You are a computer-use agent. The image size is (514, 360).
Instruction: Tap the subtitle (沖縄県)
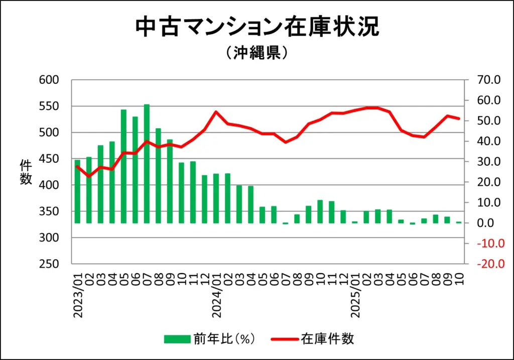click(256, 53)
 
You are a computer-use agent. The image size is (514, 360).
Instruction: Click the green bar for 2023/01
click(77, 191)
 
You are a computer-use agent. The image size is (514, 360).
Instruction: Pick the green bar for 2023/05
click(123, 166)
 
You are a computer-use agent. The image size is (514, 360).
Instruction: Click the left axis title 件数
click(26, 172)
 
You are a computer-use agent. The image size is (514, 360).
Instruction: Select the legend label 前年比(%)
click(224, 339)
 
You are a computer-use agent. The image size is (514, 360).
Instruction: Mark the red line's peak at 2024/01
click(216, 112)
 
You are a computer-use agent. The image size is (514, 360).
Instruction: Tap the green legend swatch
click(177, 339)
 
